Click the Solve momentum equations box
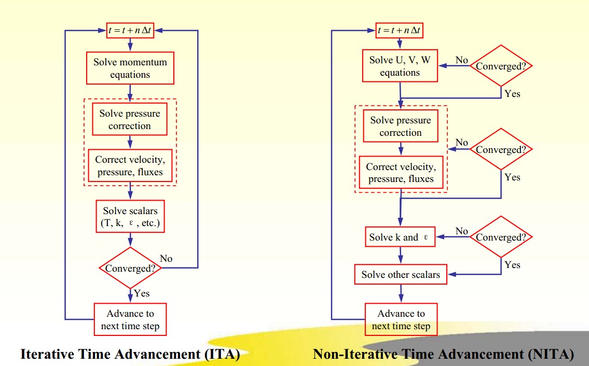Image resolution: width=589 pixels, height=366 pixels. [x=130, y=68]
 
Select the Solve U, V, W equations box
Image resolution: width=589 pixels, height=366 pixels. [x=400, y=66]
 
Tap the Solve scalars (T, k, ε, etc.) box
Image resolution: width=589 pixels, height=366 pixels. [x=130, y=217]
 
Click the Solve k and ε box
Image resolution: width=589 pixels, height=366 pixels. [x=400, y=237]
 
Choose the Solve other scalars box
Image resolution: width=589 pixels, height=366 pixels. [x=401, y=274]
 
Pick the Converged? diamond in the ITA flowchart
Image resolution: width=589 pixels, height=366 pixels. [x=130, y=268]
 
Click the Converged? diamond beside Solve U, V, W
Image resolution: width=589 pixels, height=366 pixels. [x=501, y=66]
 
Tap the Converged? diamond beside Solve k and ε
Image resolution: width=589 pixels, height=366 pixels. [x=501, y=237]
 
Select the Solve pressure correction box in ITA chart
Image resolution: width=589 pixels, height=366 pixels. [x=130, y=120]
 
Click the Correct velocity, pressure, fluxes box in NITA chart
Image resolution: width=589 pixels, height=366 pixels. [x=401, y=173]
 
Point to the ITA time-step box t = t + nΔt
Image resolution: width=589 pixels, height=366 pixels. [x=130, y=31]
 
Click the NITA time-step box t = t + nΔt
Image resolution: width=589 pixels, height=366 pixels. [x=400, y=31]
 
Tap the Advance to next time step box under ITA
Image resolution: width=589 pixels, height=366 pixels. [x=130, y=320]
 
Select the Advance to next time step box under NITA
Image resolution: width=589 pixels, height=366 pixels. [x=401, y=320]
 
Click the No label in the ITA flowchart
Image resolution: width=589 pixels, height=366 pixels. [x=166, y=258]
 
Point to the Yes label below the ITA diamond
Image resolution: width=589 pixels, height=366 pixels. [x=142, y=293]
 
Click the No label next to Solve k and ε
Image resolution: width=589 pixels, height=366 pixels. [x=461, y=231]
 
